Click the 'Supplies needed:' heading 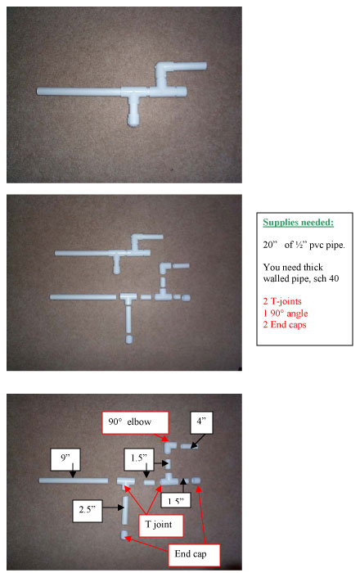pos(298,223)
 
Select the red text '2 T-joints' pos(282,301)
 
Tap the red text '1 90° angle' pos(286,314)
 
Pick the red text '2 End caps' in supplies pos(285,324)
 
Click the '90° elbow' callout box pos(135,422)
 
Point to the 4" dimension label pos(201,422)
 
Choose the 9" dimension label pos(65,459)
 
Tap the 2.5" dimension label pos(88,511)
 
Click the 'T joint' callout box pos(160,526)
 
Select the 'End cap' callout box pos(194,555)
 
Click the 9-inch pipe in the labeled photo pos(74,481)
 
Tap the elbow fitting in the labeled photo pos(169,447)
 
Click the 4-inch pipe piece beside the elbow pos(189,446)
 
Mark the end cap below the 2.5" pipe pos(124,535)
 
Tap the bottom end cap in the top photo pos(133,120)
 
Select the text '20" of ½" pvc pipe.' pos(304,245)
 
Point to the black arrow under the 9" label pos(73,471)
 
